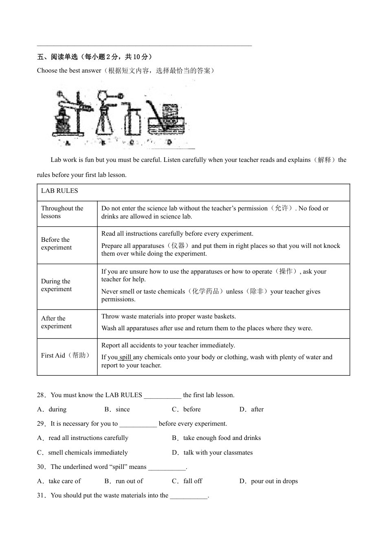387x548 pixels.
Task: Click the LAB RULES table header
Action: click(59, 191)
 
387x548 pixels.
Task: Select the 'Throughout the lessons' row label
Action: click(62, 212)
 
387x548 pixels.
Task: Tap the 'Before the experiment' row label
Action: click(56, 244)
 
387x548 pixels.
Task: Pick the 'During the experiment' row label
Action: click(56, 285)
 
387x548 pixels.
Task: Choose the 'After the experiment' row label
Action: click(56, 323)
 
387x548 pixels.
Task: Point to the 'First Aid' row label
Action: click(66, 356)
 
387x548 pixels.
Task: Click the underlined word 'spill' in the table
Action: click(125, 358)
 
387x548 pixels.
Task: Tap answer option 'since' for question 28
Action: click(122, 409)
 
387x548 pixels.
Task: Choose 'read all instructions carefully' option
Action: click(88, 438)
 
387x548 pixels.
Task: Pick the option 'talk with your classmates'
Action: click(218, 453)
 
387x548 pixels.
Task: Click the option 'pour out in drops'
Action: click(274, 482)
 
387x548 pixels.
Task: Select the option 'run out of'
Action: click(129, 482)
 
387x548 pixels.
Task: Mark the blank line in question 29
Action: click(138, 424)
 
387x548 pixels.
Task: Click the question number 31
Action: click(41, 496)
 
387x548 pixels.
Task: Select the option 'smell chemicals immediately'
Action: click(88, 453)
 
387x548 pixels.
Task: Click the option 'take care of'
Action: click(64, 482)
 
